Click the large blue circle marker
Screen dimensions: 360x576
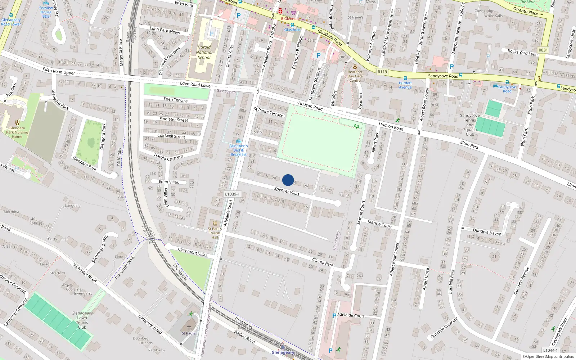coord(288,180)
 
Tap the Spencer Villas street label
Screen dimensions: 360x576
coord(287,191)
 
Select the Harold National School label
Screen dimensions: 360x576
coord(204,52)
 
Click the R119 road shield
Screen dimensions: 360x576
coord(382,72)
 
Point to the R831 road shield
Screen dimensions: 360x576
coord(543,50)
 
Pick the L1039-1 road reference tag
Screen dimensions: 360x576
coord(232,194)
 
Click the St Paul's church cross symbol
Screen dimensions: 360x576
coord(189,328)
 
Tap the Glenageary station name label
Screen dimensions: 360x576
coord(283,352)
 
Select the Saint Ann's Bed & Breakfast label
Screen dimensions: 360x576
coord(238,150)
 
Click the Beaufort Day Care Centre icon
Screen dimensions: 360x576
coord(355,67)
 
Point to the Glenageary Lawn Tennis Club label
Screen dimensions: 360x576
coord(82,320)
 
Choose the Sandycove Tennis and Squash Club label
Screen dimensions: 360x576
coord(470,125)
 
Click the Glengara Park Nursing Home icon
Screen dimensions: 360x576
coord(17,122)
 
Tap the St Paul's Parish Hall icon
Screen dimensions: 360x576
coord(215,224)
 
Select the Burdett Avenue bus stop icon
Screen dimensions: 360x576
coord(405,78)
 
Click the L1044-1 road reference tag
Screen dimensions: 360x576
coord(550,350)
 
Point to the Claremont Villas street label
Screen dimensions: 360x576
coord(193,252)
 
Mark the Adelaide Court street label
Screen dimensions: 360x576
coord(351,315)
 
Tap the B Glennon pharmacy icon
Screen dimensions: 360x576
coord(280,11)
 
